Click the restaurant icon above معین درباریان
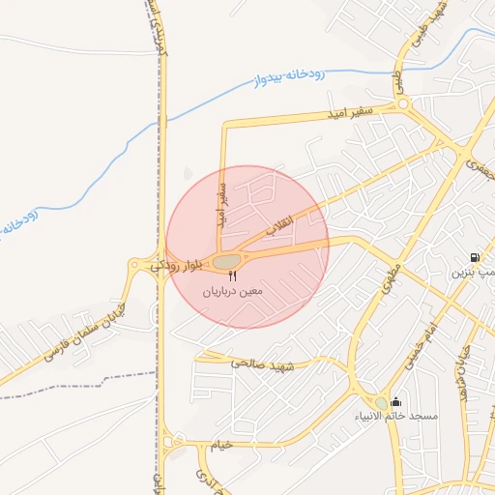click(232, 277)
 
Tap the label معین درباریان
click(232, 290)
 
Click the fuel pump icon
click(474, 258)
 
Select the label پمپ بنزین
click(474, 273)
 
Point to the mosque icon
click(395, 402)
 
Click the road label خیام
click(222, 445)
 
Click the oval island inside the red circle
click(225, 262)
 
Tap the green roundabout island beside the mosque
click(382, 403)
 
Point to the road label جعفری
click(479, 171)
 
